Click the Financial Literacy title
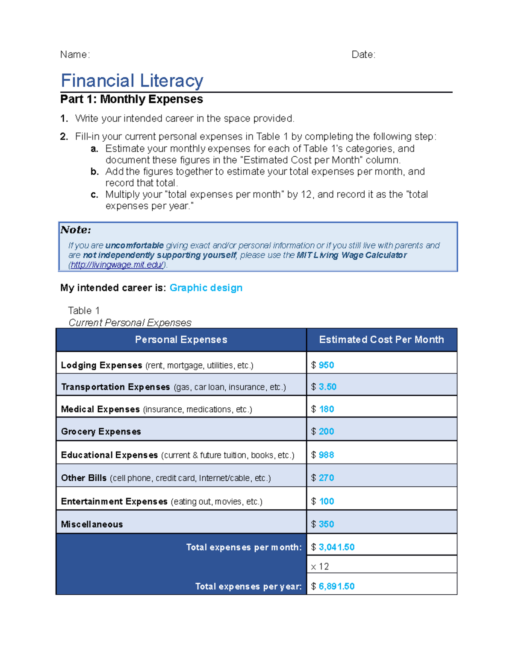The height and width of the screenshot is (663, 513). click(132, 81)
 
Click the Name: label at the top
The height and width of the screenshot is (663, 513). click(75, 55)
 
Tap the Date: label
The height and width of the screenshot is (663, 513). click(363, 55)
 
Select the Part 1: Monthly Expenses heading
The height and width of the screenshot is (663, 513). click(132, 99)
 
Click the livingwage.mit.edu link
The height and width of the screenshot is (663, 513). click(117, 265)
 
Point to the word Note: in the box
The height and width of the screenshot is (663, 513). click(76, 230)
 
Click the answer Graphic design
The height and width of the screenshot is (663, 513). click(206, 288)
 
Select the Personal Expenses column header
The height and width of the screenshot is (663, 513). click(181, 340)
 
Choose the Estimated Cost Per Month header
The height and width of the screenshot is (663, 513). click(381, 340)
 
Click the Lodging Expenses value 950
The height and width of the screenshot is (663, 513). click(326, 365)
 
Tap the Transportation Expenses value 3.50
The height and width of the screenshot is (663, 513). click(327, 387)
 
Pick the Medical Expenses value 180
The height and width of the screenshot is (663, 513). click(327, 409)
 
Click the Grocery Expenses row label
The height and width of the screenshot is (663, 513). click(101, 432)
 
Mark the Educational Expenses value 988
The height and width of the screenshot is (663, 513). click(326, 455)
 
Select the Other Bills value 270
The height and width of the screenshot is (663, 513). click(326, 478)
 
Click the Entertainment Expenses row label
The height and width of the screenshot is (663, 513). click(114, 502)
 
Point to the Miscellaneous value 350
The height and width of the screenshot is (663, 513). click(326, 524)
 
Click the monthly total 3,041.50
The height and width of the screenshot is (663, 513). click(336, 547)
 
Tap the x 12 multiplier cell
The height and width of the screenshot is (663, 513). click(320, 567)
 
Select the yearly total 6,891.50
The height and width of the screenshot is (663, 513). click(336, 587)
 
